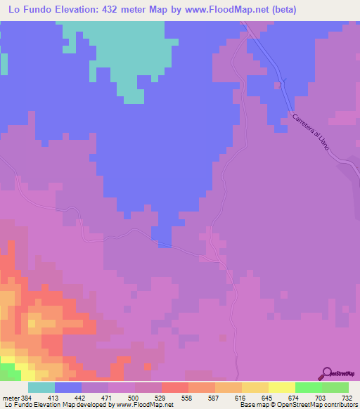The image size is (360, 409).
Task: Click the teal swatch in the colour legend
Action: pos(41,387)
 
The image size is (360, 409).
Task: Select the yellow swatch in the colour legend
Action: pos(282,387)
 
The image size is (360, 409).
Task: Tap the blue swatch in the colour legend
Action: pos(68,387)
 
